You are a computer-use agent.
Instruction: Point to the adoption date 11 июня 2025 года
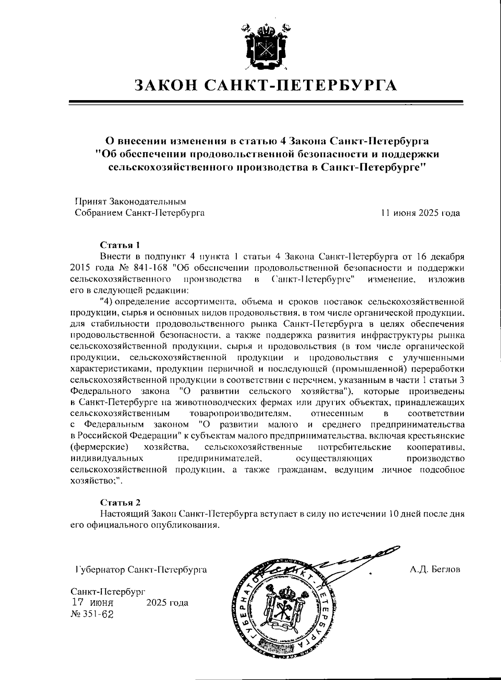[420, 213]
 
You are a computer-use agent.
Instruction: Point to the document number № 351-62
[92, 614]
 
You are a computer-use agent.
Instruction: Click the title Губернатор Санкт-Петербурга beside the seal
[139, 569]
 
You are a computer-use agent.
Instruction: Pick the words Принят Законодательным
[129, 202]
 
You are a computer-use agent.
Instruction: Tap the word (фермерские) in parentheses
[99, 447]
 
